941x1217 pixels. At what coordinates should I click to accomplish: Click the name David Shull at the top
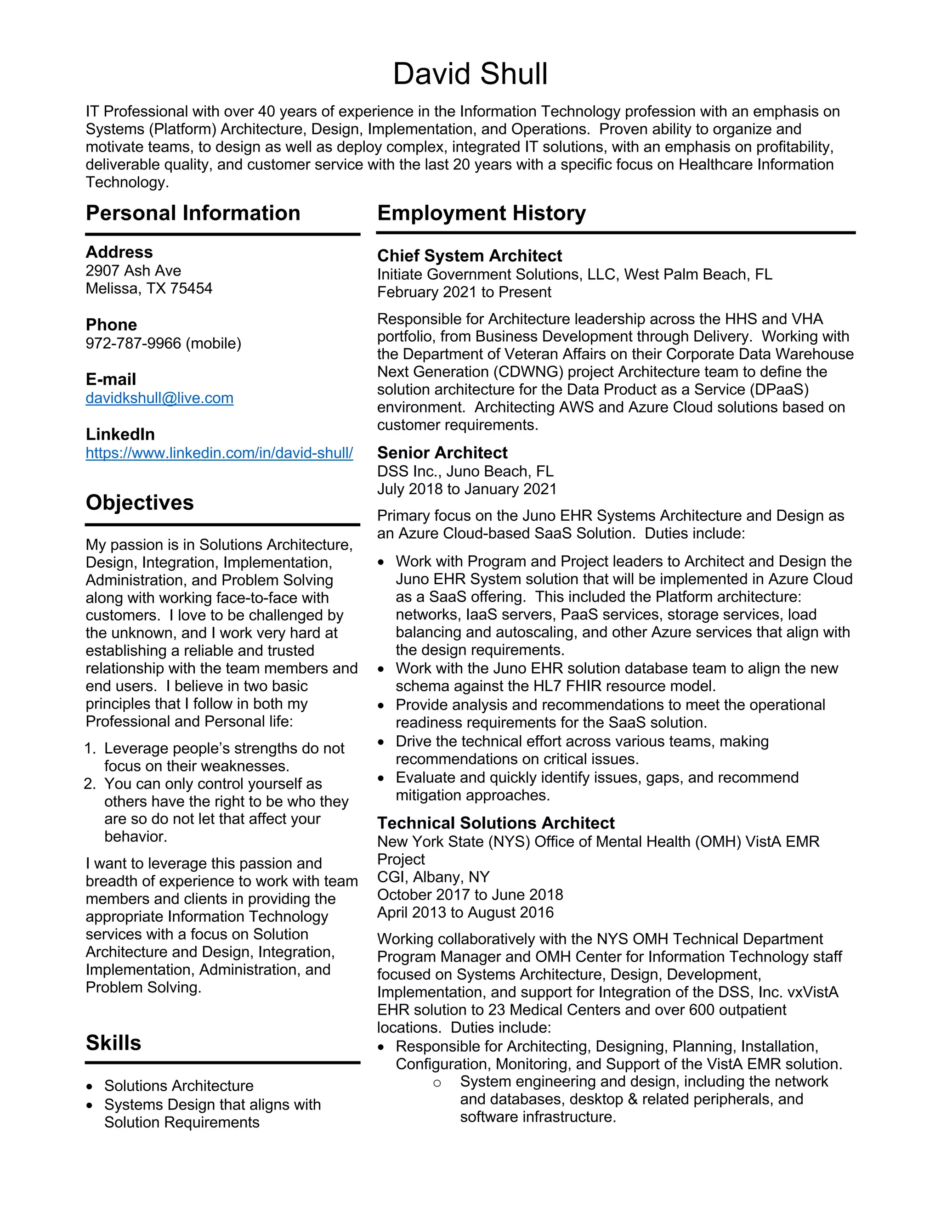coord(470,74)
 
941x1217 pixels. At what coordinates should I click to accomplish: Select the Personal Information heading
coord(193,214)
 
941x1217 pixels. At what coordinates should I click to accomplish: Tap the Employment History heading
coord(481,214)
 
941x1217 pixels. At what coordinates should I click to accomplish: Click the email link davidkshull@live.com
coord(159,398)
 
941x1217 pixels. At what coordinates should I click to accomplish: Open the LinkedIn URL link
coord(219,453)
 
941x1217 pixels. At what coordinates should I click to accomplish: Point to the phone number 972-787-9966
coord(133,343)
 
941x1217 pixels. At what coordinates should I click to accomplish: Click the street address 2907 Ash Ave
coord(133,271)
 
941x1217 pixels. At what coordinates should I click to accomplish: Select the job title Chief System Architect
coord(470,256)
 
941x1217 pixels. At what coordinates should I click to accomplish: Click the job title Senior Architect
coord(442,452)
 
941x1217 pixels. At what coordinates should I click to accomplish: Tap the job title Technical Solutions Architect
coord(496,823)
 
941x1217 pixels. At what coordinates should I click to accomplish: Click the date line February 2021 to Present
coord(464,292)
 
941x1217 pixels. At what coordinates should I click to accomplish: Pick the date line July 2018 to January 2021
coord(467,489)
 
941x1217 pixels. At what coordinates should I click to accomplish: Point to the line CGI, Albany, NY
coord(433,877)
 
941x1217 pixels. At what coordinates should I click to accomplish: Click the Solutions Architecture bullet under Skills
coord(178,1086)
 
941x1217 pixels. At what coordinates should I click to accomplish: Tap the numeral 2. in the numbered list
coord(91,784)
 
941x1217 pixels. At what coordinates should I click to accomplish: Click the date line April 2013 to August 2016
coord(465,912)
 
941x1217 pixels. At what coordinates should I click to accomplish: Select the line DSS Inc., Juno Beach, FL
coord(465,472)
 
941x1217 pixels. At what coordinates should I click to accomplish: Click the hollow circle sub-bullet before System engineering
coord(437,1083)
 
